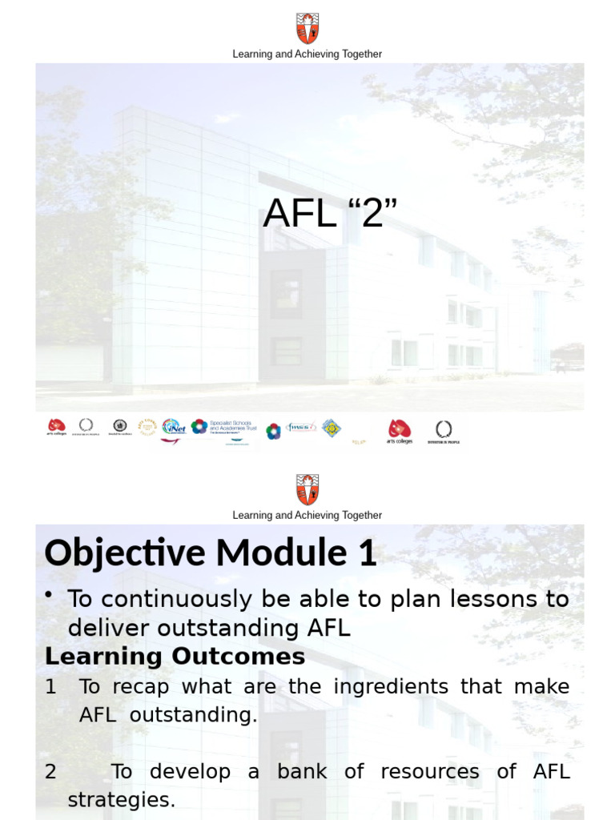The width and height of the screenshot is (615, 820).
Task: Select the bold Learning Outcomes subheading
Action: pos(175,656)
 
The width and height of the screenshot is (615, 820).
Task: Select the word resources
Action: pos(429,772)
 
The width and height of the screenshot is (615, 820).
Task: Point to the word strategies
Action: pos(121,800)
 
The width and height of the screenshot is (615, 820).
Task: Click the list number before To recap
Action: pos(50,686)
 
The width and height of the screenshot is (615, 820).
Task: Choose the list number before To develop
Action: pos(50,772)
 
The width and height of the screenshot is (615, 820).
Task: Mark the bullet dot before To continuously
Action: pos(50,593)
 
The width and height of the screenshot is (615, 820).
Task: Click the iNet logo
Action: pos(173,427)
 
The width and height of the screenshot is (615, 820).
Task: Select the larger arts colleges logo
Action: pos(399,431)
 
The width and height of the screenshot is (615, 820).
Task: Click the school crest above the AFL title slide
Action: pos(307,28)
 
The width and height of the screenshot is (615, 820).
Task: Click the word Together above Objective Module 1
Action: pos(361,516)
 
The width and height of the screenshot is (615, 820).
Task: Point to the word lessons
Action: pos(488,599)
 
